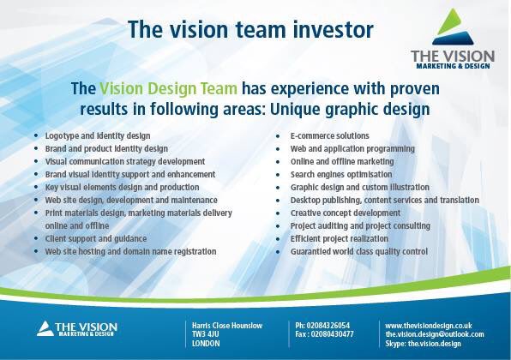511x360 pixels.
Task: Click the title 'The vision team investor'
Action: tap(250, 30)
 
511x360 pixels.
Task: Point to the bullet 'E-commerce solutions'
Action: tap(330, 135)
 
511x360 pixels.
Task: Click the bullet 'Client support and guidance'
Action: tap(96, 238)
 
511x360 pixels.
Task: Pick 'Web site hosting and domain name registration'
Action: tap(130, 251)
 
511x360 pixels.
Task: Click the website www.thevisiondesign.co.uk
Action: tap(429, 326)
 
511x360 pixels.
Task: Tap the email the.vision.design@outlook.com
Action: tap(435, 334)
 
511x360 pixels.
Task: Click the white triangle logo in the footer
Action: tap(45, 327)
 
